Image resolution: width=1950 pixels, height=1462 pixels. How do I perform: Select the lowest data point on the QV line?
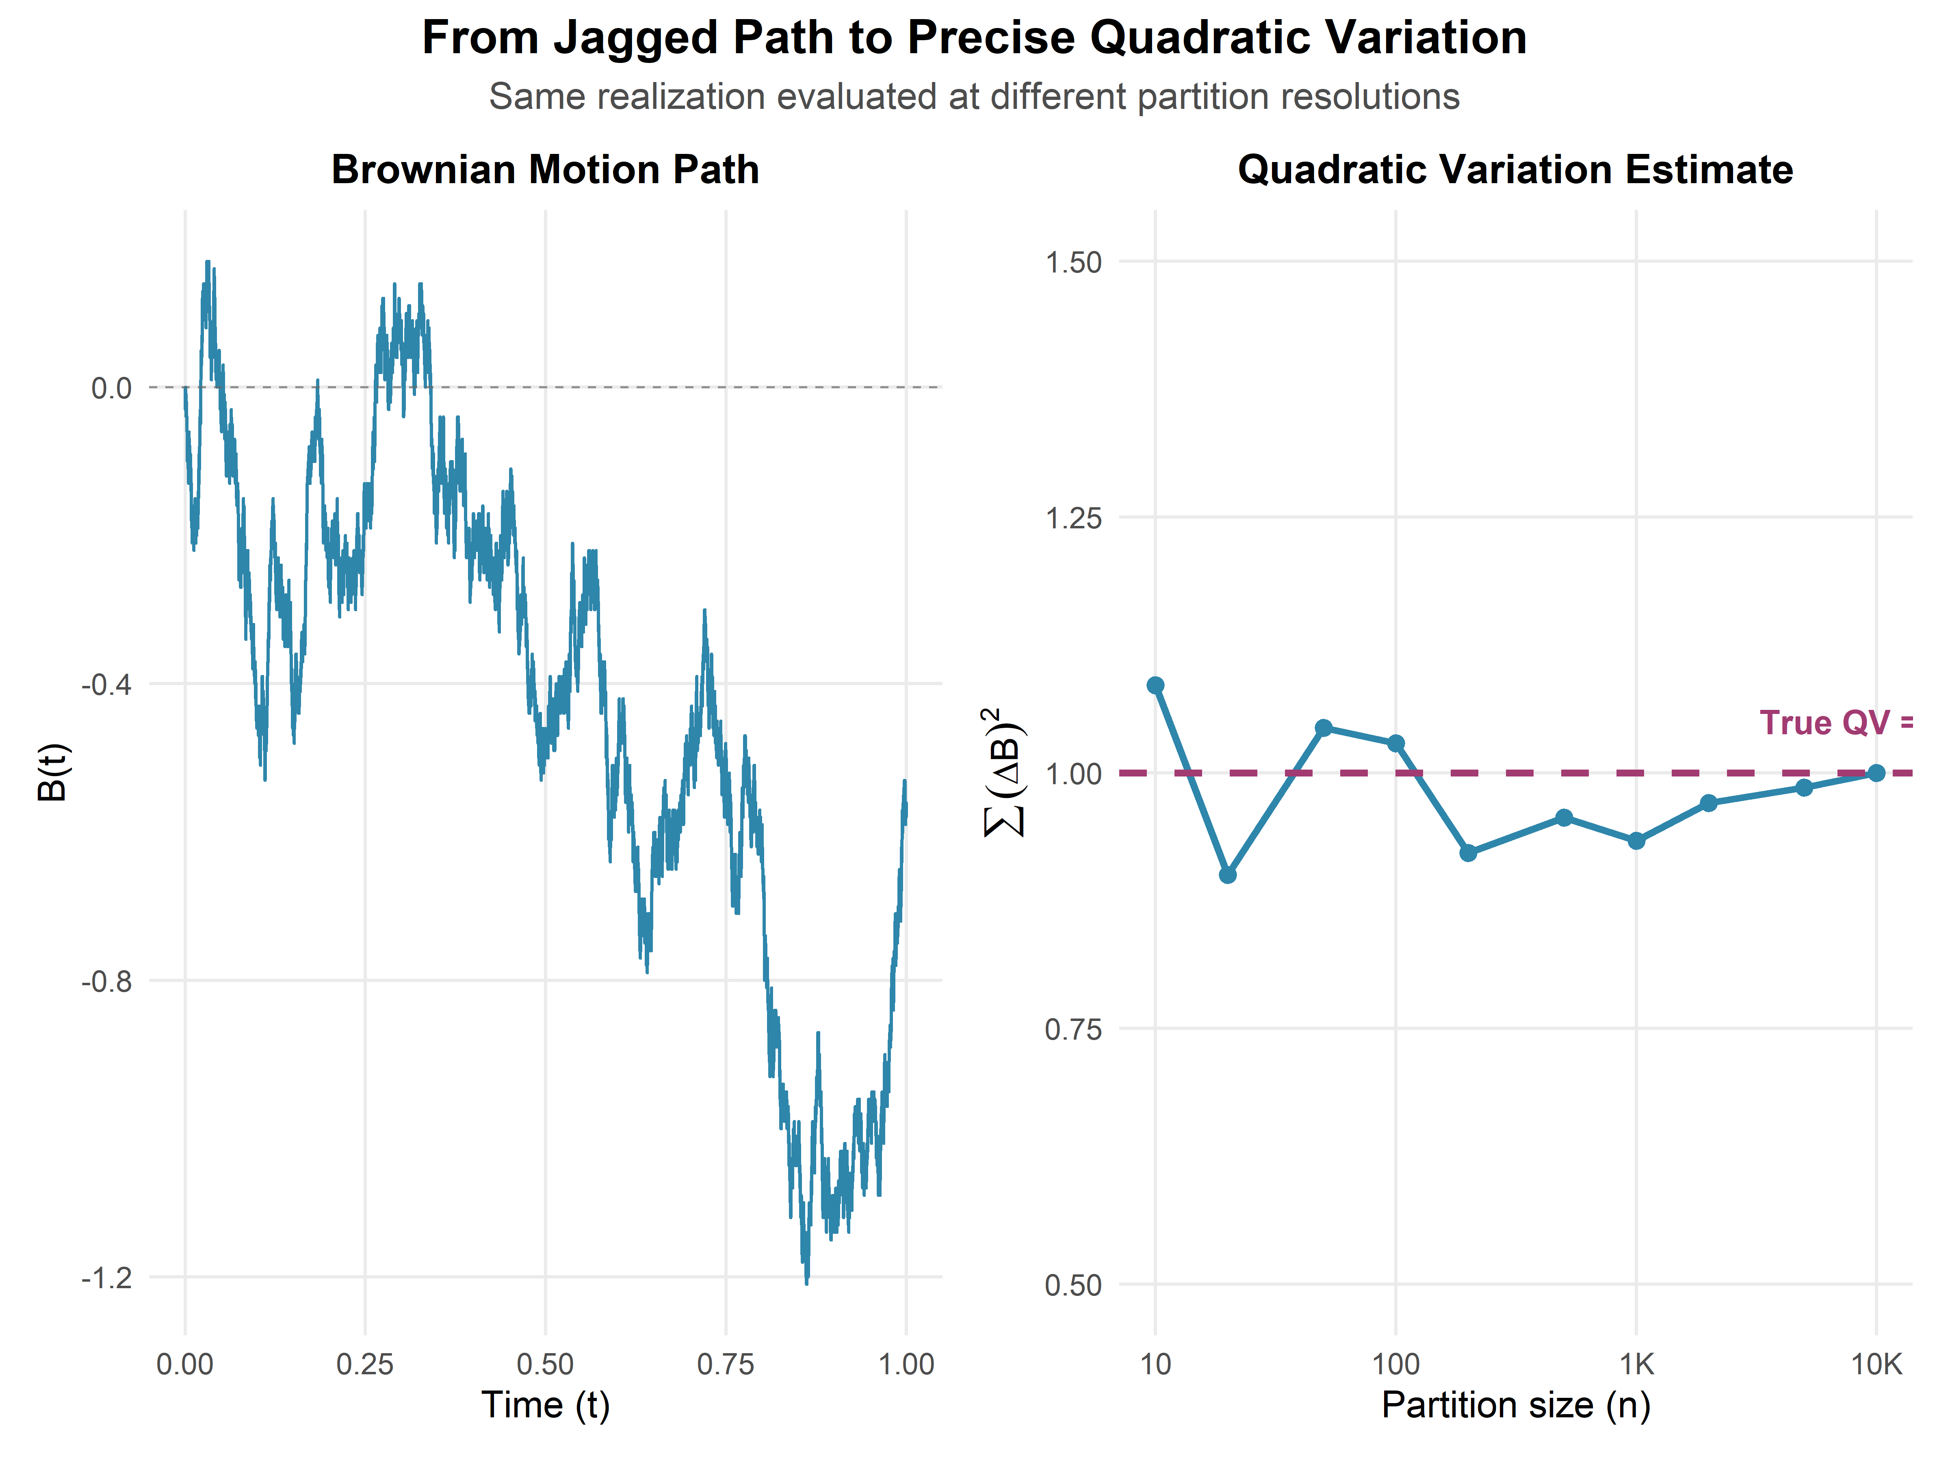tap(1227, 875)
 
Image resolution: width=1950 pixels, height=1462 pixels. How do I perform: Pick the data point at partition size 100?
tap(1395, 744)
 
